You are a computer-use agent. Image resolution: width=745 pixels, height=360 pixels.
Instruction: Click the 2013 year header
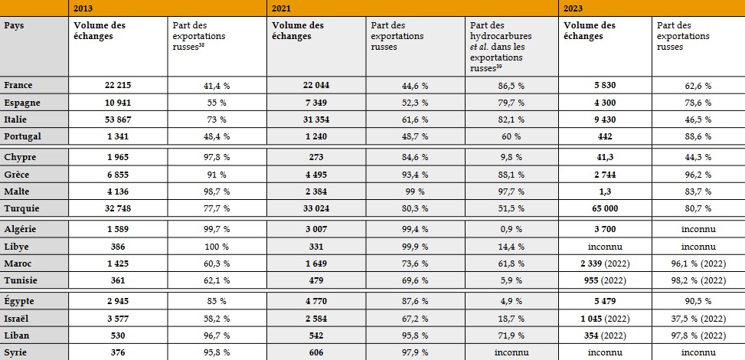click(84, 8)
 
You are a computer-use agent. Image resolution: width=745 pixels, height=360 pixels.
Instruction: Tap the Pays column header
click(13, 25)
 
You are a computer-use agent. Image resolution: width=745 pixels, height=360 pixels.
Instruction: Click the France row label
click(18, 85)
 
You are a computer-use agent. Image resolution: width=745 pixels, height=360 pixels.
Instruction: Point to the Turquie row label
click(21, 208)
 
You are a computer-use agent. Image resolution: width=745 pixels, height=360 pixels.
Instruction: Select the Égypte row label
click(21, 299)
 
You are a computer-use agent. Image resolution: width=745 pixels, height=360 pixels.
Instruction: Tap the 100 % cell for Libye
click(217, 247)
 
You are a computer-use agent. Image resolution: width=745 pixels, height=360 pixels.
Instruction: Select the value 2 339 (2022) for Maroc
click(604, 263)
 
